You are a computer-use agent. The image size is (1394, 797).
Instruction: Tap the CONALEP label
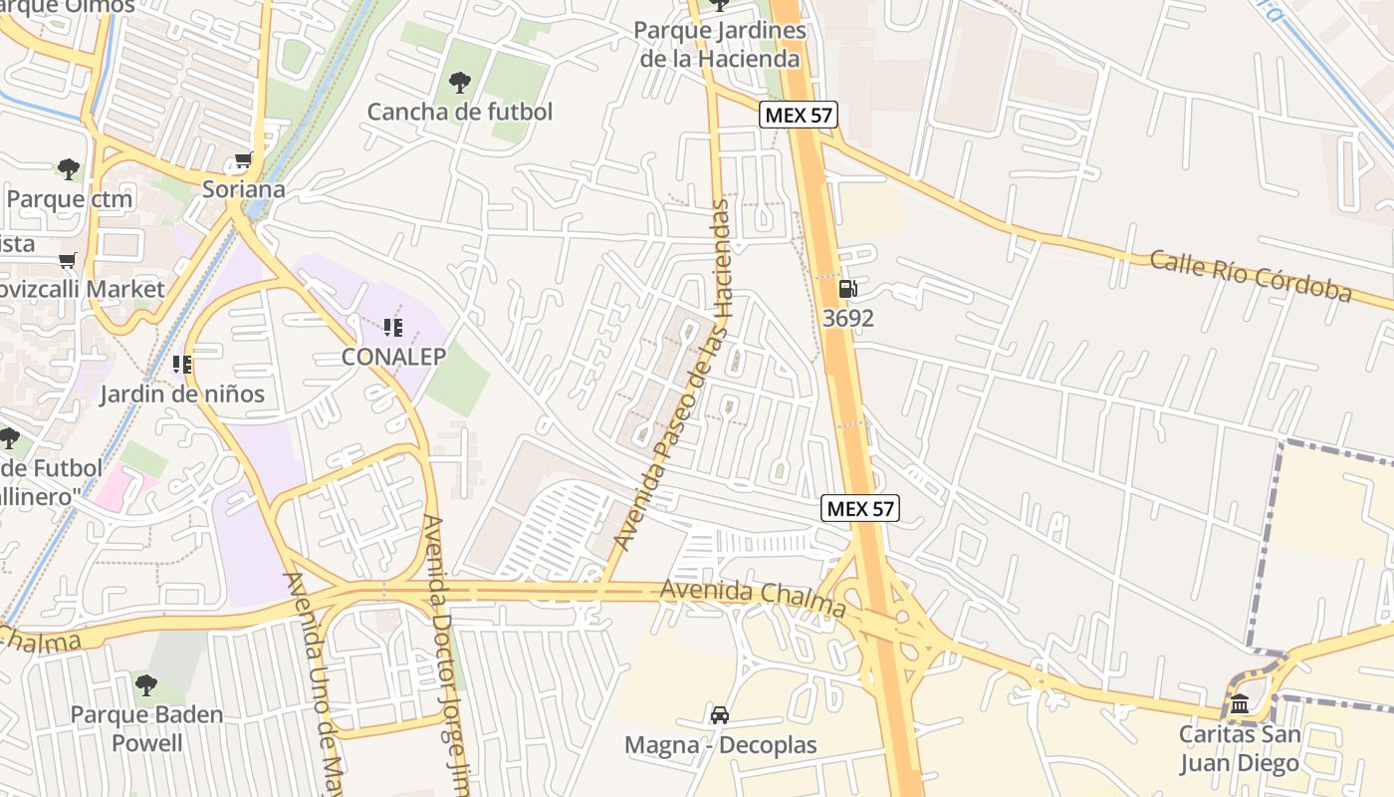coord(393,356)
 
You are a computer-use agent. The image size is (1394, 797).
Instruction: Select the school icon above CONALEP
coord(393,327)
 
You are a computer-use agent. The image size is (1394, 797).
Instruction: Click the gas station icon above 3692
coord(847,289)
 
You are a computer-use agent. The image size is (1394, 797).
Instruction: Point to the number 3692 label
coord(848,318)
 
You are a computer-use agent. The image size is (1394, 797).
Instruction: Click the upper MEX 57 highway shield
coord(799,115)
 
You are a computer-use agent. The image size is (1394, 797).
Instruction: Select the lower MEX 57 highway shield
coord(861,508)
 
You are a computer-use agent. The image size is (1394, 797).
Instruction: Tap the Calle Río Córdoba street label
coord(1251,276)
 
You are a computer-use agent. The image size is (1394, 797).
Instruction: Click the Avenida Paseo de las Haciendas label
coord(677,374)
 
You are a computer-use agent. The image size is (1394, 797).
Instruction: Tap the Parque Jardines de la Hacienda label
coord(720,45)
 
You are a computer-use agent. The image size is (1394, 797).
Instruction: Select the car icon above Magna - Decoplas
coord(720,714)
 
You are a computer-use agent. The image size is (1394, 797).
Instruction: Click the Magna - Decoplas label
coord(720,744)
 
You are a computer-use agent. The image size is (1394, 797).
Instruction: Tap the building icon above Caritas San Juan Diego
coord(1240,705)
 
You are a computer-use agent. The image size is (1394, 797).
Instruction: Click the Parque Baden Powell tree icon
coord(146,685)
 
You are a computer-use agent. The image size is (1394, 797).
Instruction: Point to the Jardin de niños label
coord(182,394)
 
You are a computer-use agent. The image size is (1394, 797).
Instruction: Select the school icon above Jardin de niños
coord(181,365)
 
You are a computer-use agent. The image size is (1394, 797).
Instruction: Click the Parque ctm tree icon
coord(69,169)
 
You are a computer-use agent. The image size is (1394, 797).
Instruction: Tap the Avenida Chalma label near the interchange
coord(753,596)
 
